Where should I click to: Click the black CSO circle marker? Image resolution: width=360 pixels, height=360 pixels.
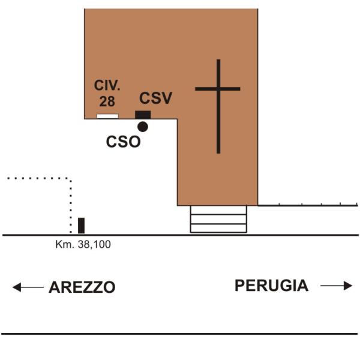[143, 127]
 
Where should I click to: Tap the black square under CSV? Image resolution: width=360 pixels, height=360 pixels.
[143, 115]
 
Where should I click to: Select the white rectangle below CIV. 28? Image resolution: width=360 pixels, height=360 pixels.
[107, 116]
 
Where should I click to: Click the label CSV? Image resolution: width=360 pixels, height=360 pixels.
[155, 98]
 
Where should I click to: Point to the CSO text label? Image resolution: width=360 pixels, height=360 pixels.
[123, 142]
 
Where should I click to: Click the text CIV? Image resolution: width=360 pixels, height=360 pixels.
[107, 85]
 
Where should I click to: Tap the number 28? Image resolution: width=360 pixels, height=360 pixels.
[107, 101]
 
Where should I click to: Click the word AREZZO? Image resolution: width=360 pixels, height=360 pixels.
[82, 287]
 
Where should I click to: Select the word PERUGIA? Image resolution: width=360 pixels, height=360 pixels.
[271, 286]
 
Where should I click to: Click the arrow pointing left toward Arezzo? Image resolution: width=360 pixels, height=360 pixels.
[28, 287]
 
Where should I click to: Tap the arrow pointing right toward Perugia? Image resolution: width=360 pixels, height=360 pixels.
[337, 286]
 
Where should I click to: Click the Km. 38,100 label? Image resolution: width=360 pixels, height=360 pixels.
[83, 245]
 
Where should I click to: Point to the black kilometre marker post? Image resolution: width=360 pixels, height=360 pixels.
[81, 226]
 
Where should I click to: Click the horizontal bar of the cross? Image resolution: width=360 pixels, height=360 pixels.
[218, 89]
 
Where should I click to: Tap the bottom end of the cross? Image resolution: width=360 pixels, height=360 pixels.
[218, 153]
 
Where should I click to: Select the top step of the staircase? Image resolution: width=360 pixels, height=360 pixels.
[218, 210]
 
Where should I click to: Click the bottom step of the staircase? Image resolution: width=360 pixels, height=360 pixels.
[218, 228]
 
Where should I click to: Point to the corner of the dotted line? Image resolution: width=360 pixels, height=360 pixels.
[70, 178]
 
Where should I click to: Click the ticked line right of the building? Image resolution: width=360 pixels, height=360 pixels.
[308, 205]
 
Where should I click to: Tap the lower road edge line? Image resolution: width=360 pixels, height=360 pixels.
[179, 334]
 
